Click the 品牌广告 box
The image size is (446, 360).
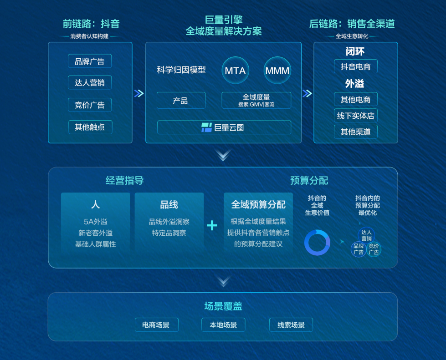pyautogui.click(x=90, y=61)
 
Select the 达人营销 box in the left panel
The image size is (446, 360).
pyautogui.click(x=90, y=83)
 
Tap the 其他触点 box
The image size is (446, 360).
pyautogui.click(x=90, y=127)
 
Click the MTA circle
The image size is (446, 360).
pyautogui.click(x=235, y=71)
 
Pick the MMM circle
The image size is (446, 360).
pyautogui.click(x=277, y=71)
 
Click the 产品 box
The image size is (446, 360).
pyautogui.click(x=181, y=100)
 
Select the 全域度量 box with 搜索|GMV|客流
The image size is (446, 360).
pyautogui.click(x=256, y=100)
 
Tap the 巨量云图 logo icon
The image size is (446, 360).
pyautogui.click(x=206, y=127)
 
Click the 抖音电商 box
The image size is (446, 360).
pyautogui.click(x=355, y=66)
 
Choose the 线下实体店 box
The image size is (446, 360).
pyautogui.click(x=355, y=116)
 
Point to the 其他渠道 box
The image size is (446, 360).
pyautogui.click(x=355, y=132)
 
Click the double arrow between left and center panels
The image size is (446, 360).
pyautogui.click(x=139, y=93)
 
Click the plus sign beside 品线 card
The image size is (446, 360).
pyautogui.click(x=212, y=226)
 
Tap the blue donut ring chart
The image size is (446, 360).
pyautogui.click(x=317, y=243)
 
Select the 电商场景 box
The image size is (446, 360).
pyautogui.click(x=156, y=325)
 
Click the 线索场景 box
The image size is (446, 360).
pyautogui.click(x=291, y=325)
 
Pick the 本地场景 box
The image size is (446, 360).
pyautogui.click(x=223, y=325)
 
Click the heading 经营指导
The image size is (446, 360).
pyautogui.click(x=124, y=180)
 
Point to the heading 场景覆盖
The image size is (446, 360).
pyautogui.click(x=223, y=306)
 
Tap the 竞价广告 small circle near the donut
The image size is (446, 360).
pyautogui.click(x=374, y=249)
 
